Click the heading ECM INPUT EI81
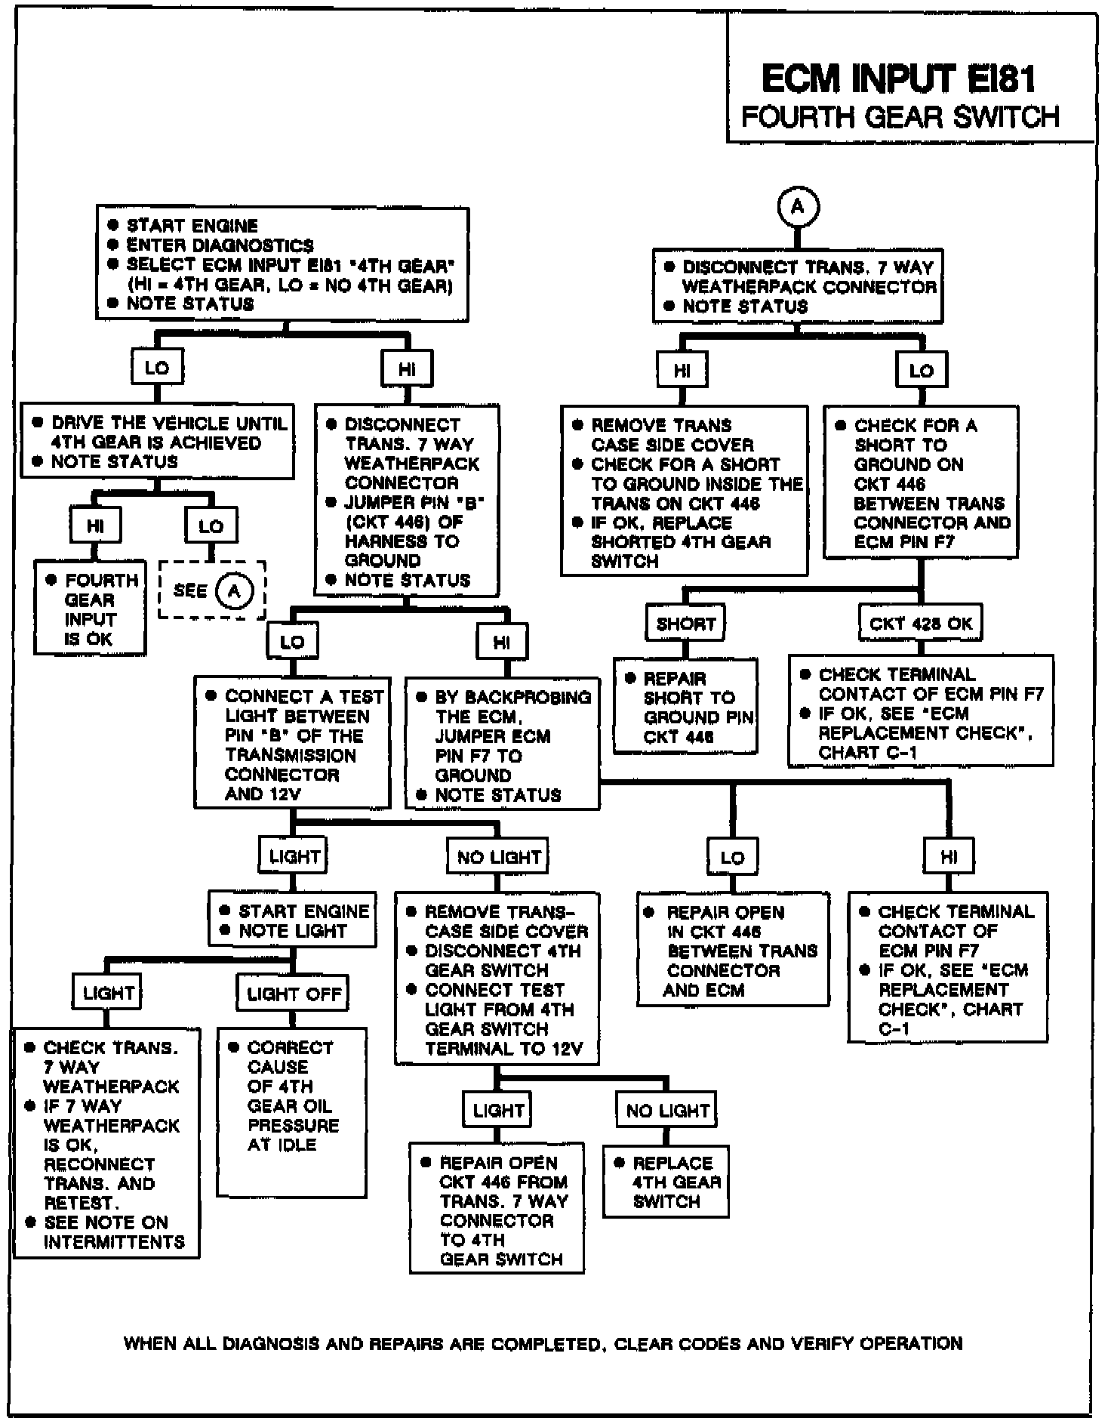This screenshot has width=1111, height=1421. pyautogui.click(x=898, y=78)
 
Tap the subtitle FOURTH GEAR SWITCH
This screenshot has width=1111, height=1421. pyautogui.click(x=900, y=117)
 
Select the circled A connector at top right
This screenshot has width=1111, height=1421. pyautogui.click(x=798, y=206)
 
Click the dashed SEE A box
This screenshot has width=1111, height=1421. pyautogui.click(x=212, y=590)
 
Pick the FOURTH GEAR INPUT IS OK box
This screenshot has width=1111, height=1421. pyautogui.click(x=90, y=608)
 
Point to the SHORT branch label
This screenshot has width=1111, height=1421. pyautogui.click(x=685, y=624)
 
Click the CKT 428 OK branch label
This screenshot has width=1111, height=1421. pyautogui.click(x=921, y=624)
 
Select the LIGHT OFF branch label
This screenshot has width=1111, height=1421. pyautogui.click(x=294, y=994)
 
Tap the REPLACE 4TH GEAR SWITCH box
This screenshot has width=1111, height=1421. pyautogui.click(x=666, y=1182)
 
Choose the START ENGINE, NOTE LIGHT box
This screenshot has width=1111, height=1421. pyautogui.click(x=293, y=920)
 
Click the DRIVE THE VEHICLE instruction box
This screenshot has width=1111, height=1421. pyautogui.click(x=158, y=442)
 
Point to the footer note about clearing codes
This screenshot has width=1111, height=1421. pyautogui.click(x=543, y=1343)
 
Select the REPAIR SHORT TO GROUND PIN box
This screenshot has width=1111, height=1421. pyautogui.click(x=685, y=707)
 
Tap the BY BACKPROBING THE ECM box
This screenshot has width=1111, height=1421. pyautogui.click(x=503, y=744)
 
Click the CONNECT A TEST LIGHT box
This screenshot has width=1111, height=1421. pyautogui.click(x=293, y=743)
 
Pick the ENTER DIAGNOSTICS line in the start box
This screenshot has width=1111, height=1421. pyautogui.click(x=220, y=245)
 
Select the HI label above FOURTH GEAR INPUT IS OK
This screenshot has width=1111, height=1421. pyautogui.click(x=96, y=526)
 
